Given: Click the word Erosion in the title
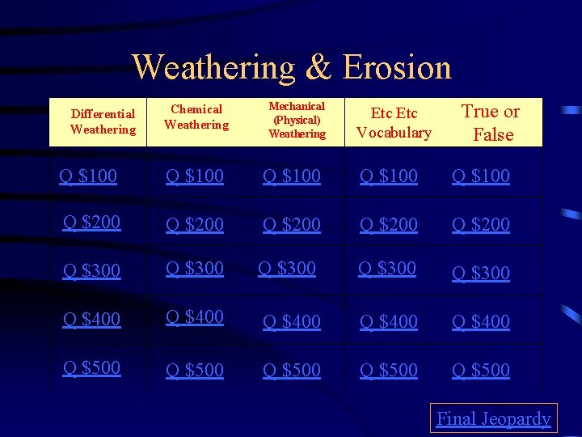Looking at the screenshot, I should coord(397,66).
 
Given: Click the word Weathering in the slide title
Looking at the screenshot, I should coord(214,66).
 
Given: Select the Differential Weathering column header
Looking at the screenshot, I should coord(103,122).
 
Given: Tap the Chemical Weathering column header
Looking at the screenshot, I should coord(196,117).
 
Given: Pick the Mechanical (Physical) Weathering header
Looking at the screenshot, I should coord(297,120).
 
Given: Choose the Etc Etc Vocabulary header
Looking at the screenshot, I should coord(394,123).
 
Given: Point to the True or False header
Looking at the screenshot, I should coord(491,123).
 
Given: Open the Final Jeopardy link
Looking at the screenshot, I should coord(493,418).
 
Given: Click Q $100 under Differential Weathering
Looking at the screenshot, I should coord(88,175).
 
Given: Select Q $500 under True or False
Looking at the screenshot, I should coord(481,370).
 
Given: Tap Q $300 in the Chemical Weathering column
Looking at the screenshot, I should coord(195,268).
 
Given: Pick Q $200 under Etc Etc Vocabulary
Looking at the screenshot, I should coord(389,224).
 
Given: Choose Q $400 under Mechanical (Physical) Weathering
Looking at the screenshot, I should coord(292,321).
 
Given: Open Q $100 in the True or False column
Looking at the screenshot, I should coord(481,176).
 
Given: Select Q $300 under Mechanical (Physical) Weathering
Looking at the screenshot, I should coord(287,268).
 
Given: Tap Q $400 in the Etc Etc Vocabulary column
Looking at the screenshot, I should coord(389,321).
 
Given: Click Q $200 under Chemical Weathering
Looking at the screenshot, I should coord(195,224).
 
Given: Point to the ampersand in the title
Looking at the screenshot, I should coord(319,67).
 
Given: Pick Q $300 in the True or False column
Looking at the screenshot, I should coord(481,273).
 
